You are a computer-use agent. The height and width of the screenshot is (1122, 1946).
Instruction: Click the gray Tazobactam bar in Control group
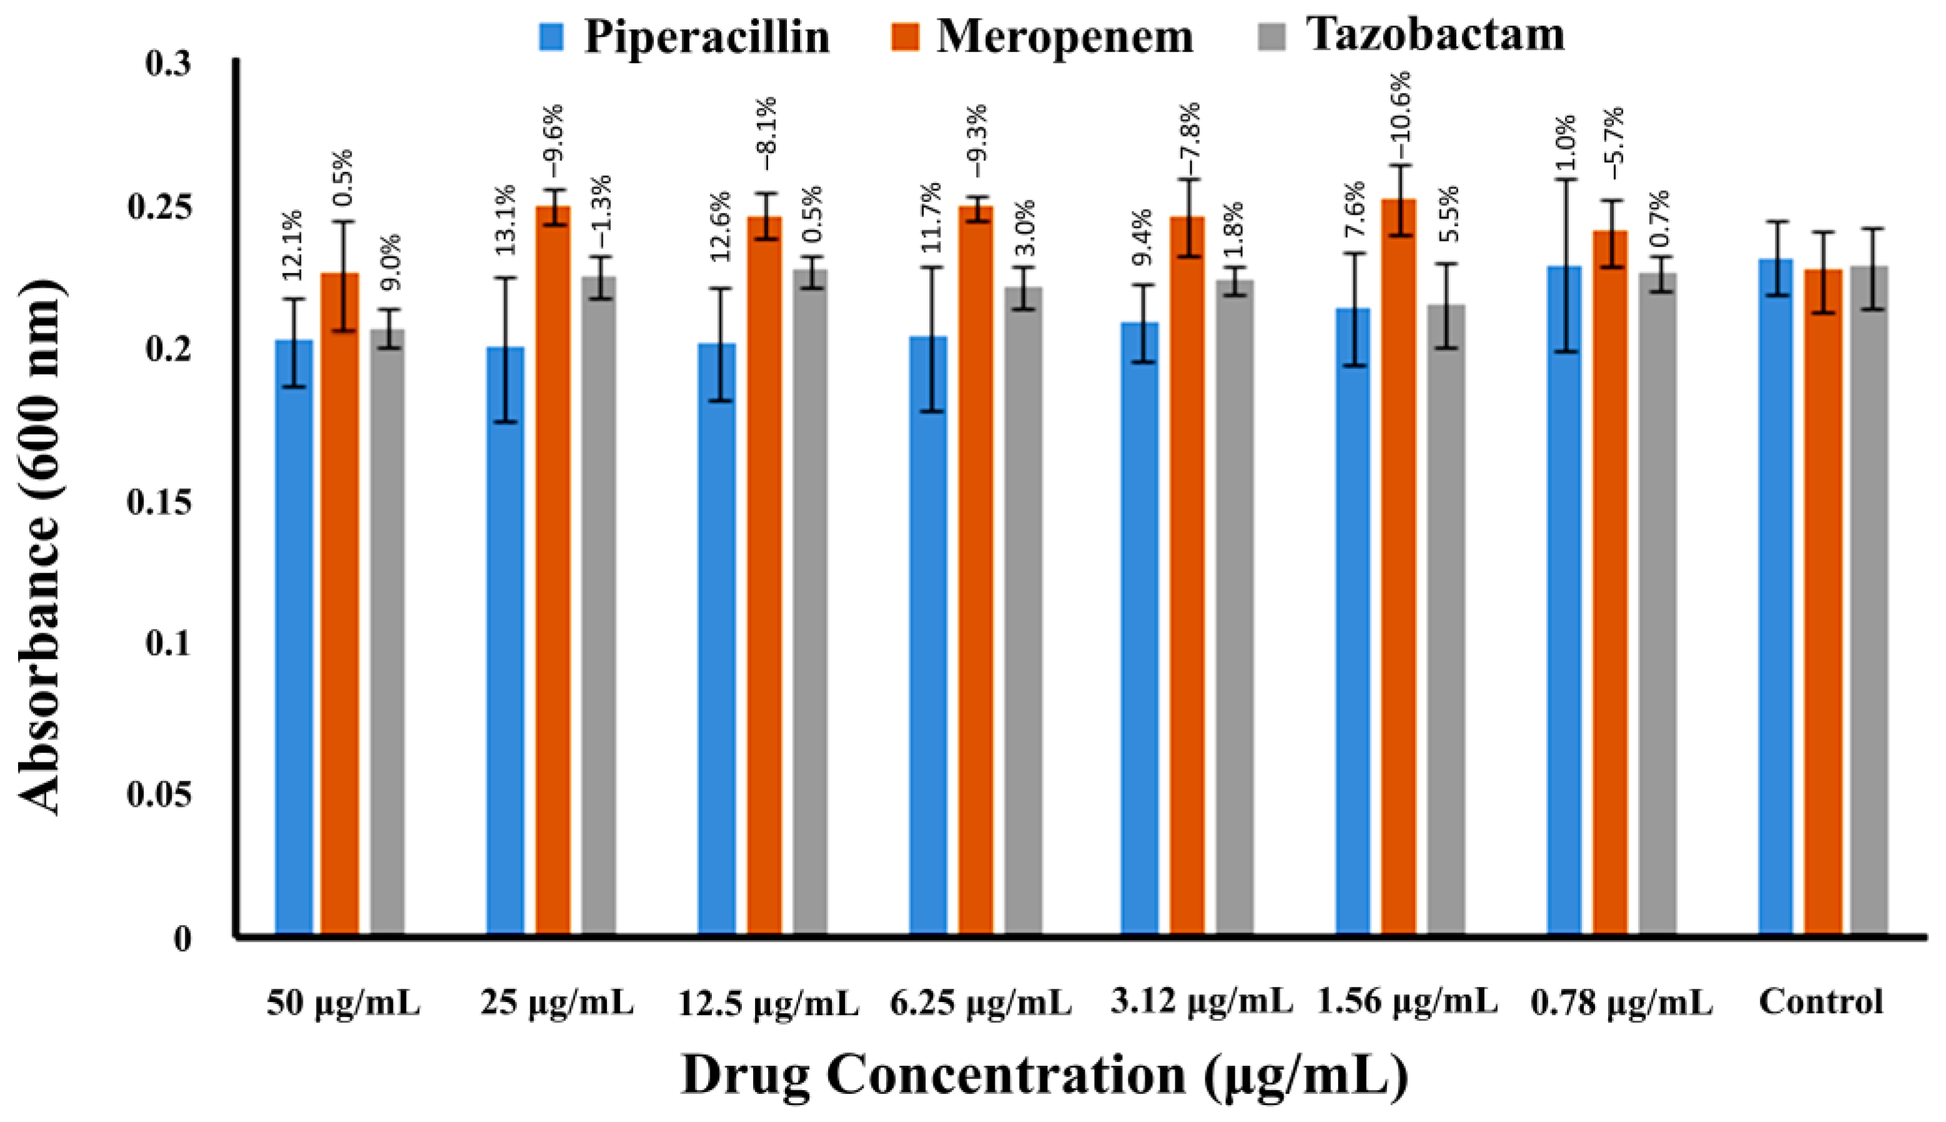coord(1869,601)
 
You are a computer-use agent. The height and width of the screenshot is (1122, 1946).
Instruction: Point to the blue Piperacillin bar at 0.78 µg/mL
coord(1564,601)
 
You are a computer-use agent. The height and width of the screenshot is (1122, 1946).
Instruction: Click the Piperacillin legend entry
coord(686,36)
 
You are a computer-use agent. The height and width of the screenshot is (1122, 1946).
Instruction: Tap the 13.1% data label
coord(504,220)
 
